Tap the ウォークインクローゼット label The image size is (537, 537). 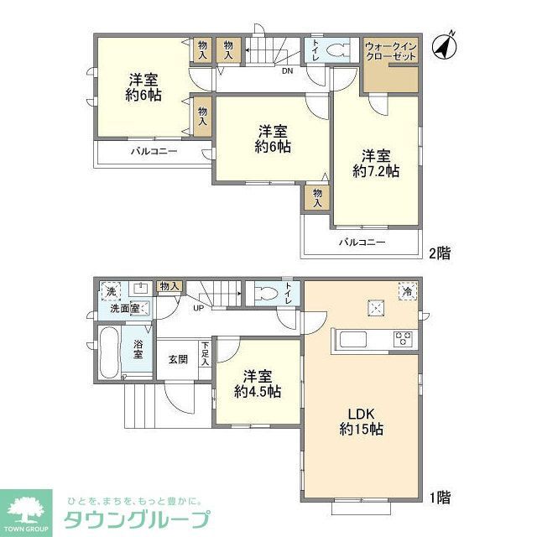(390, 51)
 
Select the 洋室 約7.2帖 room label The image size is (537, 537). (376, 164)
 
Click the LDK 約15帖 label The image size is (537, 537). (362, 420)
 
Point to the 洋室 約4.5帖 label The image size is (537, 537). (258, 384)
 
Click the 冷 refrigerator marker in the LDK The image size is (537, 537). (407, 291)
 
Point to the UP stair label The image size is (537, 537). (199, 308)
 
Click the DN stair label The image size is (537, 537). (287, 70)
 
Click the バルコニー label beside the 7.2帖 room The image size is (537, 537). (362, 242)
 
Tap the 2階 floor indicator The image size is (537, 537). (438, 253)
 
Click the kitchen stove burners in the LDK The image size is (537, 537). (403, 340)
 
